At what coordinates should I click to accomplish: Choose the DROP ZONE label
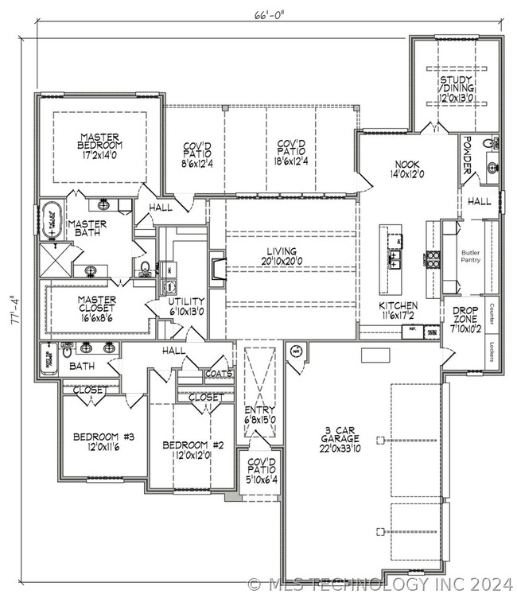pyautogui.click(x=465, y=316)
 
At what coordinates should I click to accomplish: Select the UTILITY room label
pyautogui.click(x=186, y=306)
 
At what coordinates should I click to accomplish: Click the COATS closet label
pyautogui.click(x=218, y=373)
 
